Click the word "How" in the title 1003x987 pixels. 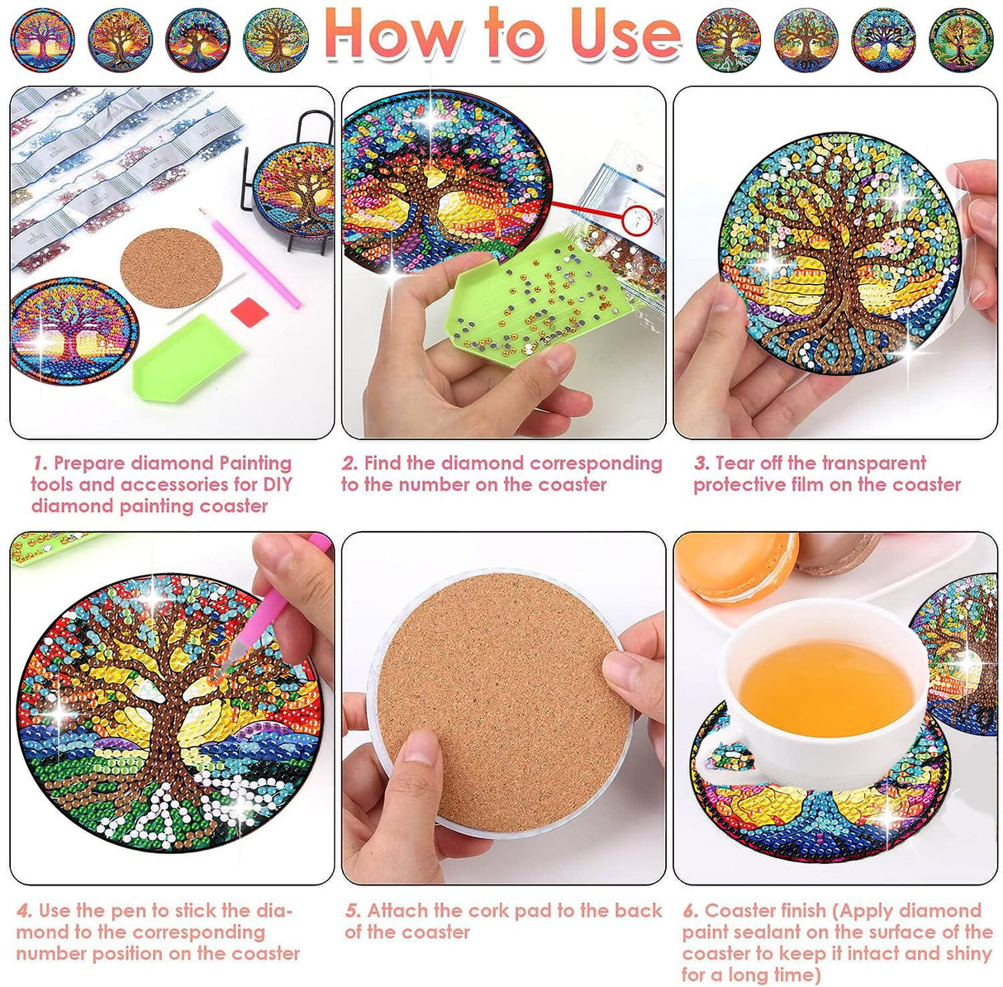coord(394,33)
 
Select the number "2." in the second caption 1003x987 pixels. coord(350,463)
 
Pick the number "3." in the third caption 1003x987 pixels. coord(701,463)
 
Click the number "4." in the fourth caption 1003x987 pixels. coord(25,911)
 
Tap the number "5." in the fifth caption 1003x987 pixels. coord(354,911)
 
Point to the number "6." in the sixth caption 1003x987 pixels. coord(691,911)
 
